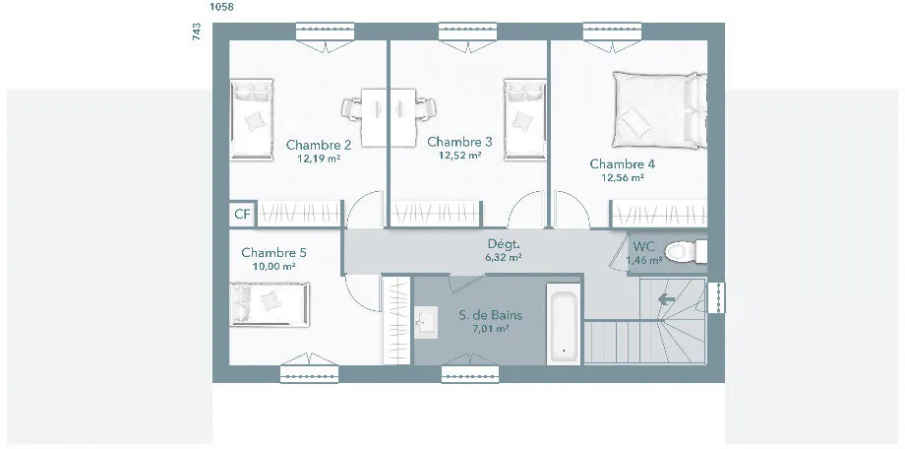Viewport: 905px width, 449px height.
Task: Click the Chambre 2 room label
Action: pos(319,145)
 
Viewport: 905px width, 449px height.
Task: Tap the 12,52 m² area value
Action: pos(460,155)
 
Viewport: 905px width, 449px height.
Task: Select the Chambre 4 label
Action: pos(622,164)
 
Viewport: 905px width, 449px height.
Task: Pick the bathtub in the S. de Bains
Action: pos(563,325)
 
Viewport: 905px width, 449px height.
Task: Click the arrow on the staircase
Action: pos(667,299)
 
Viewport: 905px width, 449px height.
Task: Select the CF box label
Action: pos(242,215)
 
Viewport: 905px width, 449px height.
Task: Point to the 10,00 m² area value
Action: pos(273,267)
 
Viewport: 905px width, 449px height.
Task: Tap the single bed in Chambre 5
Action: pos(270,304)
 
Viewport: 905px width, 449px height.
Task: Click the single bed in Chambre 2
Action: pos(252,119)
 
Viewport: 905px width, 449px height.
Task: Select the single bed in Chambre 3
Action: pos(524,119)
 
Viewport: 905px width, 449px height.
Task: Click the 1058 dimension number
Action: pos(222,7)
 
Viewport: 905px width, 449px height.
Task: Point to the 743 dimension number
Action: pos(197,32)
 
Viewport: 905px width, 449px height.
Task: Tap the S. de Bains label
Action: pos(491,315)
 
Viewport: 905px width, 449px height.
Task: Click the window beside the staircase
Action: pos(716,297)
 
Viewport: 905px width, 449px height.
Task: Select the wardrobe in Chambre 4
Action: pos(659,215)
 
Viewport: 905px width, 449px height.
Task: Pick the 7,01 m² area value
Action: pos(490,329)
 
